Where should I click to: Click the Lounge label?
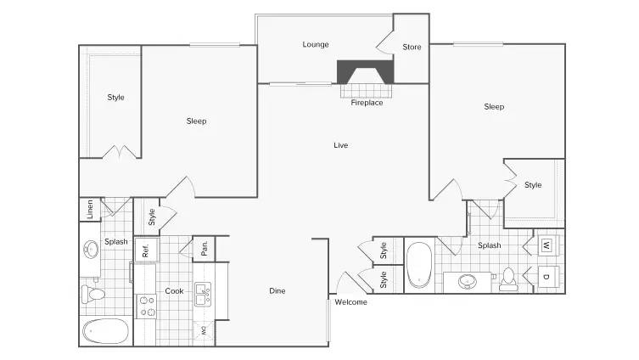pyautogui.click(x=316, y=44)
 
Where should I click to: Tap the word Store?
pyautogui.click(x=412, y=47)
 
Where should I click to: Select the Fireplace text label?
pyautogui.click(x=367, y=103)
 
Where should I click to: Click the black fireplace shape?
pyautogui.click(x=366, y=70)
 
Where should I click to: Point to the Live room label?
pyautogui.click(x=340, y=145)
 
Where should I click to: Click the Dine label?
pyautogui.click(x=277, y=290)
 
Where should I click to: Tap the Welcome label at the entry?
pyautogui.click(x=350, y=302)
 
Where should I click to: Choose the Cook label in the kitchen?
pyautogui.click(x=174, y=290)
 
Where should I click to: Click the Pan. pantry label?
pyautogui.click(x=205, y=249)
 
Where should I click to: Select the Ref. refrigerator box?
pyautogui.click(x=146, y=250)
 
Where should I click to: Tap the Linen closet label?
pyautogui.click(x=90, y=210)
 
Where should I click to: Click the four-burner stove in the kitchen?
pyautogui.click(x=145, y=306)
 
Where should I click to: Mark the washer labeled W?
pyautogui.click(x=546, y=245)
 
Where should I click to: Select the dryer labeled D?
pyautogui.click(x=546, y=277)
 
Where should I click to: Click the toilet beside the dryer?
pyautogui.click(x=508, y=278)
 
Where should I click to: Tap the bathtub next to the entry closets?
pyautogui.click(x=419, y=264)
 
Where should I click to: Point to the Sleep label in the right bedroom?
pyautogui.click(x=494, y=106)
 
